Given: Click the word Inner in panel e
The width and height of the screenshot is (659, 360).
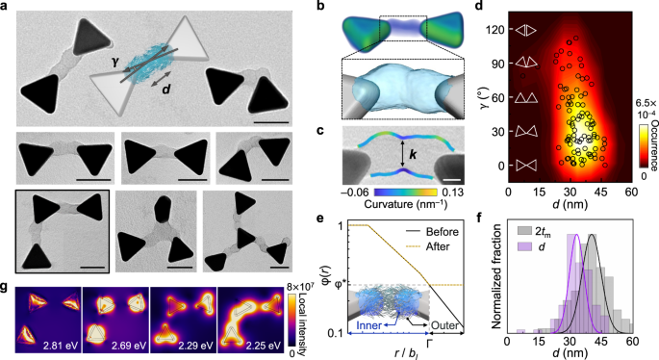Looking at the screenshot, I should pyautogui.click(x=366, y=325).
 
